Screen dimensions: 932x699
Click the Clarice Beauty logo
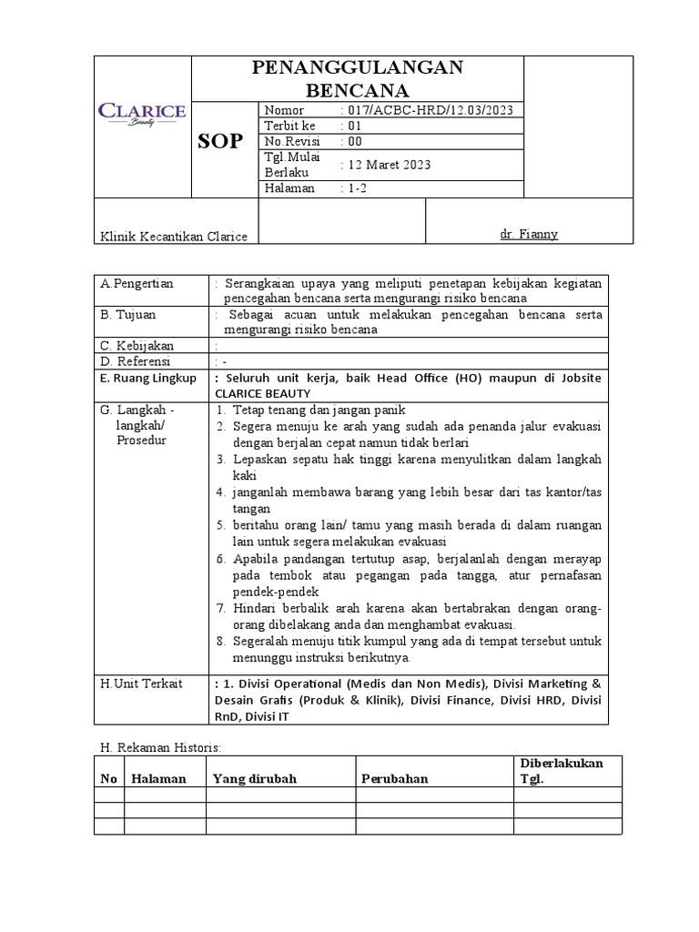tap(141, 114)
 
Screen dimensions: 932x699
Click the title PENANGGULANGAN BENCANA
tap(357, 78)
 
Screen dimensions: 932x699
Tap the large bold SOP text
tap(221, 141)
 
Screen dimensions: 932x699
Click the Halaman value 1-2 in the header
tap(357, 188)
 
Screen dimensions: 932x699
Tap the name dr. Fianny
tap(529, 235)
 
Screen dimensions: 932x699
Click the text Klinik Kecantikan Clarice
tap(173, 237)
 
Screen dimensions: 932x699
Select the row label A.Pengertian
tap(137, 284)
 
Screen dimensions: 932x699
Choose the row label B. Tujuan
tap(130, 315)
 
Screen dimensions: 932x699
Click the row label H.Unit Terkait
tap(142, 684)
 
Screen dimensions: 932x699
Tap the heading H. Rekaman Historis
tap(160, 747)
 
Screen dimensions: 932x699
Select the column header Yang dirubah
tap(255, 779)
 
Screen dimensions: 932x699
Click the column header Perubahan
tap(394, 779)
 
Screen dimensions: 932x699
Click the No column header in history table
tap(108, 779)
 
